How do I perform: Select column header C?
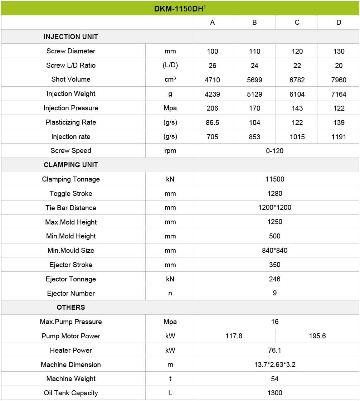tap(297, 23)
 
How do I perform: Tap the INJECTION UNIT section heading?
tap(70, 37)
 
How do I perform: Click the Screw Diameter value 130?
tap(339, 51)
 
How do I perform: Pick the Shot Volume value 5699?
tap(254, 80)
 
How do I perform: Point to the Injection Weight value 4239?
tap(212, 94)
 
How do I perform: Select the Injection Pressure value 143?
tap(297, 108)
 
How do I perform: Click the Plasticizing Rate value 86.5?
tap(212, 122)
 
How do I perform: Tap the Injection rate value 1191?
tap(339, 137)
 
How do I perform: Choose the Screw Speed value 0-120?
tap(274, 151)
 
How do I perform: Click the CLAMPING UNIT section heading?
tap(70, 165)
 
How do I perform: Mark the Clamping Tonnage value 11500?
tap(274, 179)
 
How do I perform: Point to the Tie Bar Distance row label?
tap(70, 208)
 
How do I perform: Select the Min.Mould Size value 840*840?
tap(274, 251)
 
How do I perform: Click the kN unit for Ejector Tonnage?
tap(170, 279)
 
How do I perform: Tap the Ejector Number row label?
tap(70, 294)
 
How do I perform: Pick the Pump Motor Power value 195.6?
tap(317, 336)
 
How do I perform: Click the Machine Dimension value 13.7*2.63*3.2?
tap(274, 365)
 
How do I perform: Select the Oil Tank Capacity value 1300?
tap(274, 393)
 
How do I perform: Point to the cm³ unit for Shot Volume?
tap(170, 79)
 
